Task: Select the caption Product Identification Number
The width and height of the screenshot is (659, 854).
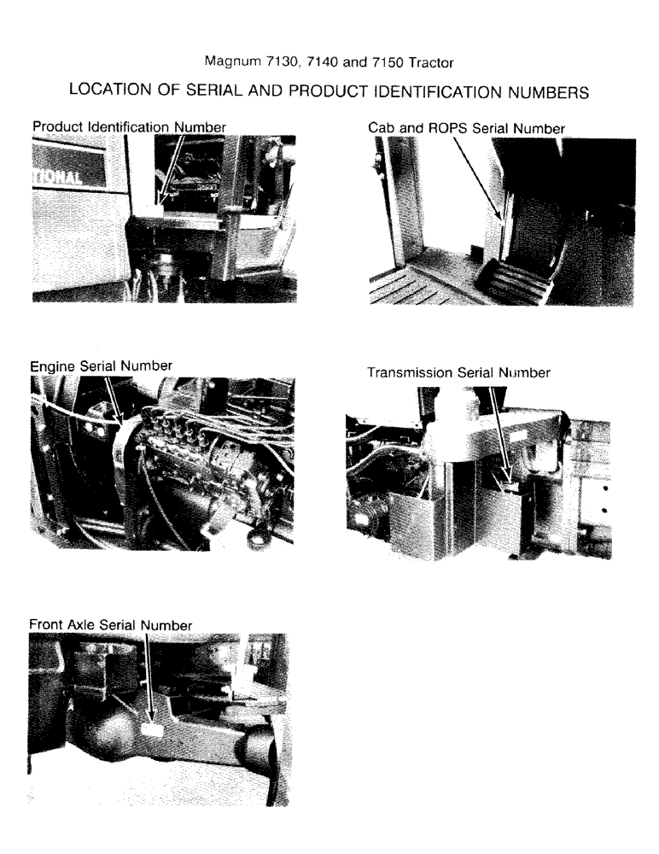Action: click(x=129, y=126)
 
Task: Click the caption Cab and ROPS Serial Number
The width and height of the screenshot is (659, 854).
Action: click(x=466, y=127)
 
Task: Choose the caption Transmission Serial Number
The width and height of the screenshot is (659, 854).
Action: click(x=458, y=373)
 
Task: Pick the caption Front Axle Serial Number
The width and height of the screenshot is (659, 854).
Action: click(x=110, y=625)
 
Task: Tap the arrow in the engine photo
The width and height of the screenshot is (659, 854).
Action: click(x=112, y=397)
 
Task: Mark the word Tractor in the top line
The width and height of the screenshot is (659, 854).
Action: click(x=431, y=62)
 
